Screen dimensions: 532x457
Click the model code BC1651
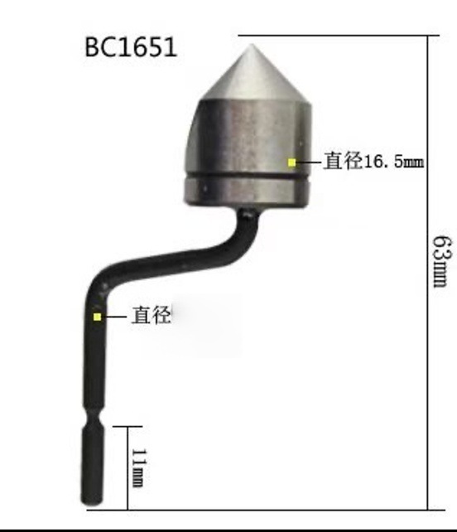(x=131, y=46)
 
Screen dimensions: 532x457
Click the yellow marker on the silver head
(x=291, y=162)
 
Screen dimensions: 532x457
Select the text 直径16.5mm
(x=373, y=162)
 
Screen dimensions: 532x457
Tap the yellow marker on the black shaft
(x=98, y=316)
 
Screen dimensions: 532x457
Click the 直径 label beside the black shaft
(x=152, y=316)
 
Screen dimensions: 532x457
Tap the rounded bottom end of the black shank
(x=91, y=501)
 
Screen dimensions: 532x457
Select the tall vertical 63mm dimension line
(x=429, y=273)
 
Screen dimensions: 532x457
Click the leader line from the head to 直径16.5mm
(x=308, y=162)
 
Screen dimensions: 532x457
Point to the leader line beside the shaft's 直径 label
(x=115, y=316)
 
